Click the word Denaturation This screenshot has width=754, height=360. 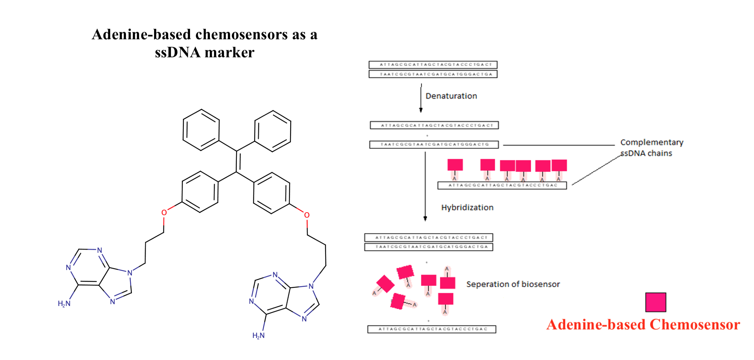click(x=451, y=96)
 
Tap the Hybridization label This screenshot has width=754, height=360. click(x=467, y=207)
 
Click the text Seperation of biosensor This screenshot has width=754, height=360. click(x=513, y=284)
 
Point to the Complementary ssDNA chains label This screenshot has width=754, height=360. click(x=651, y=148)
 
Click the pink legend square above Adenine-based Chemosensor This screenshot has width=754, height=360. click(x=655, y=302)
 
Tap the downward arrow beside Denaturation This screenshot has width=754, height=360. click(x=421, y=98)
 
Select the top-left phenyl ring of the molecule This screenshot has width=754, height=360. click(x=201, y=130)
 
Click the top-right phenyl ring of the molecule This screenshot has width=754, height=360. click(x=272, y=131)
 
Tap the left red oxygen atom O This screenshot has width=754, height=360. click(x=164, y=213)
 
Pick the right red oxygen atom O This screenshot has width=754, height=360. click(x=307, y=215)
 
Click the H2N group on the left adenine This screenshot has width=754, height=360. click(x=64, y=304)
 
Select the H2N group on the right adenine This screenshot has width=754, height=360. click(x=259, y=336)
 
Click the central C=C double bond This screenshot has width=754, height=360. click(x=237, y=162)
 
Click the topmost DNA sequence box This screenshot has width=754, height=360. click(x=433, y=64)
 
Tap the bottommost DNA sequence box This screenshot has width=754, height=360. click(x=432, y=329)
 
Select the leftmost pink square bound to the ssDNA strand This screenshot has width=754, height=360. click(x=455, y=165)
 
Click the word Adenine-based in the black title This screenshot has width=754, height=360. click(x=142, y=34)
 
